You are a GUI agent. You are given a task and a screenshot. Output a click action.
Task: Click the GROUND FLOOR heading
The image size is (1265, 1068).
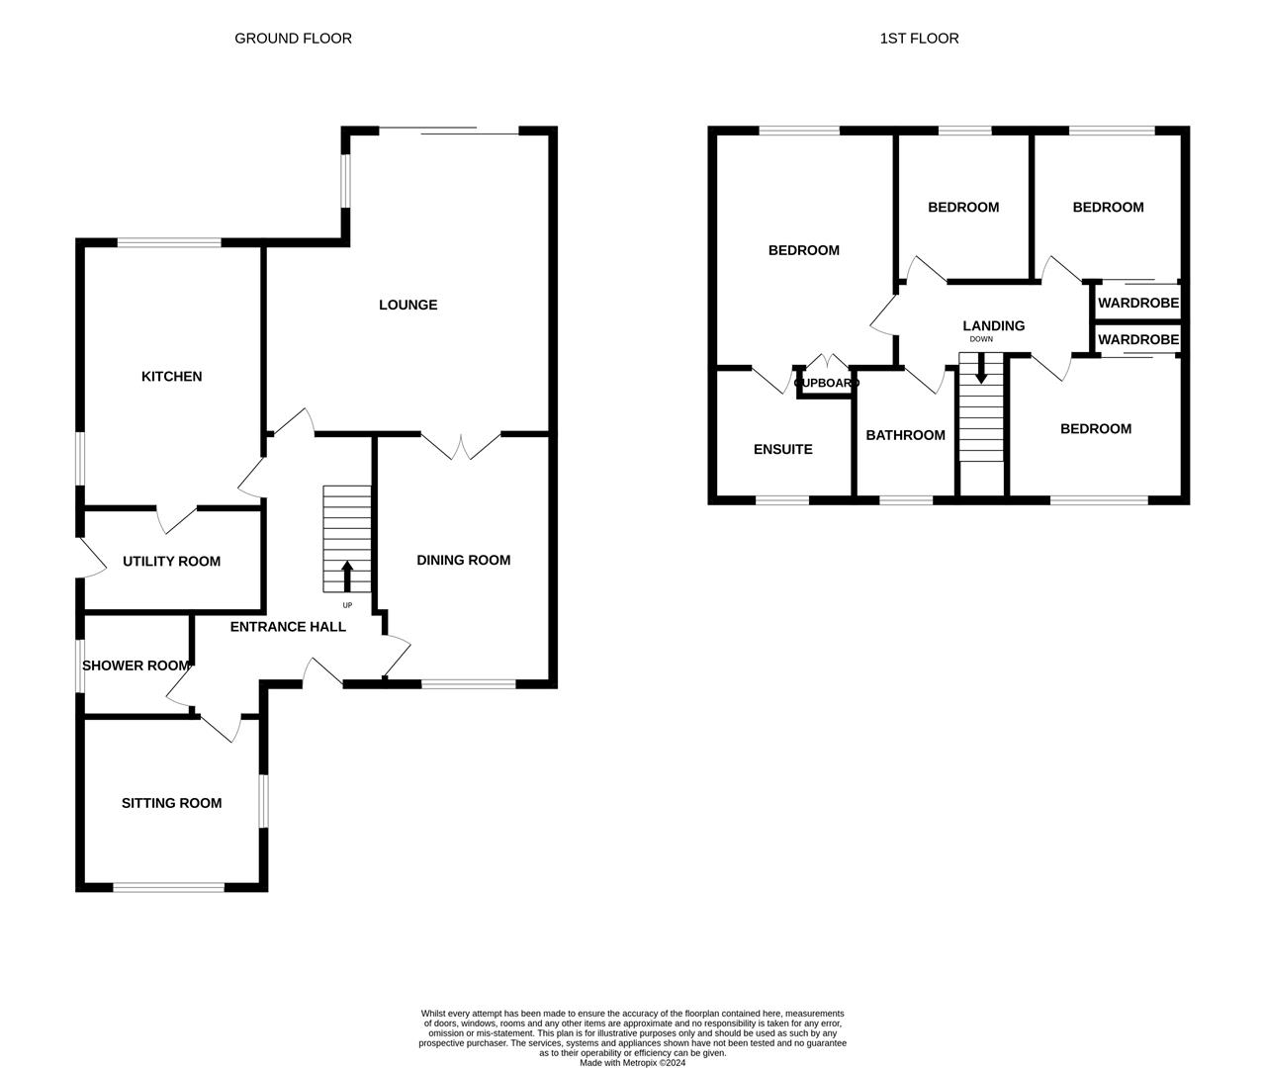(x=293, y=39)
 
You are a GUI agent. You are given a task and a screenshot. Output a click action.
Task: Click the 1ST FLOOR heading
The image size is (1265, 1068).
(x=919, y=39)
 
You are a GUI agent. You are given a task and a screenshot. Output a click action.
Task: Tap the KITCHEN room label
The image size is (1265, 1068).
(x=171, y=377)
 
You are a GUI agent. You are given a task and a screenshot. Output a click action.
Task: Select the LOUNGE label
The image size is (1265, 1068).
(x=407, y=305)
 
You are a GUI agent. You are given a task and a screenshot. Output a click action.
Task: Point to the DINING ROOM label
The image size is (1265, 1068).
(x=463, y=561)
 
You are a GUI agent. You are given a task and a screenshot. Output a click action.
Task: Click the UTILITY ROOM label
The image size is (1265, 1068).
(x=171, y=562)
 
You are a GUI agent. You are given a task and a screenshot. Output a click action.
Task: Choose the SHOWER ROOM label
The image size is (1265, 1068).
(x=136, y=666)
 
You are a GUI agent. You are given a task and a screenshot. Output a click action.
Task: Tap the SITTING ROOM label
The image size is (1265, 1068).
(x=171, y=803)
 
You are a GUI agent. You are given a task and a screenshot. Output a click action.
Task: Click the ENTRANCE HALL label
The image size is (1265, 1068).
(x=288, y=627)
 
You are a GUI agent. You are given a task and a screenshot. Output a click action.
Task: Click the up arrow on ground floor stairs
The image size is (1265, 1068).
(x=346, y=576)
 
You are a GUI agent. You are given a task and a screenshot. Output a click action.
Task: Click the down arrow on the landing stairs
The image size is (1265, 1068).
(x=981, y=370)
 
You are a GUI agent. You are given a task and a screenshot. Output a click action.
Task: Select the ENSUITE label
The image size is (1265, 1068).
(x=782, y=449)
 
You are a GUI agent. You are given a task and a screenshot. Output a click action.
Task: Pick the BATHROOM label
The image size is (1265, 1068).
(x=905, y=435)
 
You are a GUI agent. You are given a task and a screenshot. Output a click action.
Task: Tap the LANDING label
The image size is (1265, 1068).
(x=993, y=325)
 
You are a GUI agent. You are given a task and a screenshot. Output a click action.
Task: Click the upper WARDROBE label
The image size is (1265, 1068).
(x=1138, y=304)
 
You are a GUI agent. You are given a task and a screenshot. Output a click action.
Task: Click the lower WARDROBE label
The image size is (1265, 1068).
(x=1138, y=339)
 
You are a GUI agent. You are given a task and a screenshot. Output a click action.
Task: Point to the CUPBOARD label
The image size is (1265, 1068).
(x=827, y=383)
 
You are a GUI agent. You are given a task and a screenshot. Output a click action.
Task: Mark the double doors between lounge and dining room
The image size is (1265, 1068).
(x=461, y=445)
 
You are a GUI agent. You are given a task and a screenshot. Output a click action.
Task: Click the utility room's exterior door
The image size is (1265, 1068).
(x=91, y=559)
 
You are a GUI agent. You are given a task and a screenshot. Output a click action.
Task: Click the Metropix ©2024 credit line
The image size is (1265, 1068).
(x=632, y=1063)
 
